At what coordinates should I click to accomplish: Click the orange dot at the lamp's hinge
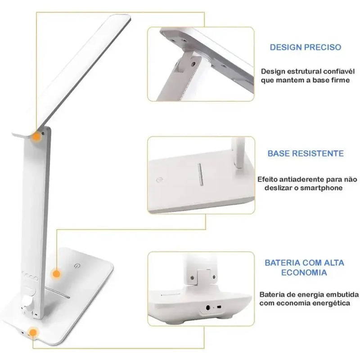pos(36,136)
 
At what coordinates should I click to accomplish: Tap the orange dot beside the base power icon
pos(56,273)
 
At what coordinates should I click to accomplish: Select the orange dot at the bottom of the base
pos(32,333)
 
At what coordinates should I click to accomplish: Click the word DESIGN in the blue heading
pos(284,47)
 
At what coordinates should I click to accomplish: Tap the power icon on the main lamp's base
pos(77,266)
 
